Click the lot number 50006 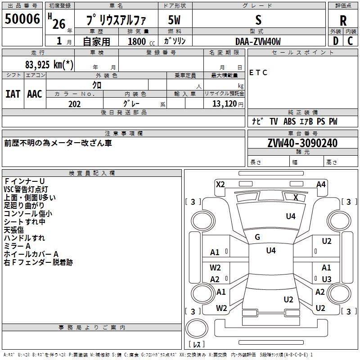point(22,19)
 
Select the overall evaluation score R point(343,21)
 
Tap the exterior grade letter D point(335,41)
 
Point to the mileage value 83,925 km point(49,65)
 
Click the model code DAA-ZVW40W point(258,41)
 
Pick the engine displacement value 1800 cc point(138,41)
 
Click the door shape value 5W point(175,20)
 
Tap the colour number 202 point(75,104)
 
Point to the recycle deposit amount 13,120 point(222,104)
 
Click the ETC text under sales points point(258,73)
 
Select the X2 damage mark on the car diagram point(220,184)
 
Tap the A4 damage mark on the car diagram point(321,184)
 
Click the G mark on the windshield point(257,237)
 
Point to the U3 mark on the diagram point(326,279)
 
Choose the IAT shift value point(13,94)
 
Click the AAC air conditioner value point(34,94)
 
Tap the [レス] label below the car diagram point(197,344)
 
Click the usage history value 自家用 point(96,41)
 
